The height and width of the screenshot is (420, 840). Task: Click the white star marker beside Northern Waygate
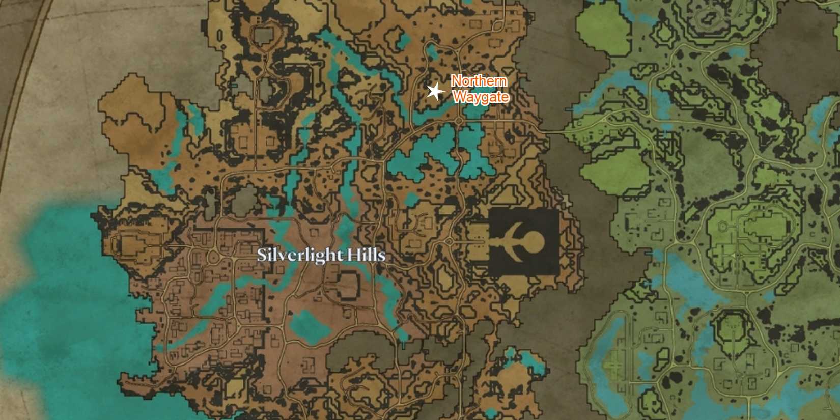coord(434,92)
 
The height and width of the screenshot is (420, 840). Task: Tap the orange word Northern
coord(479,81)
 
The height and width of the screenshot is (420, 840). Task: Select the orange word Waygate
coord(481,96)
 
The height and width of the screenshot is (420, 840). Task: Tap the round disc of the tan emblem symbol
coord(536,239)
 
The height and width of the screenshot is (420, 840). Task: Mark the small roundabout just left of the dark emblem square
coord(449,241)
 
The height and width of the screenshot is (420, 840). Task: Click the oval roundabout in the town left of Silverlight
coord(212,257)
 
